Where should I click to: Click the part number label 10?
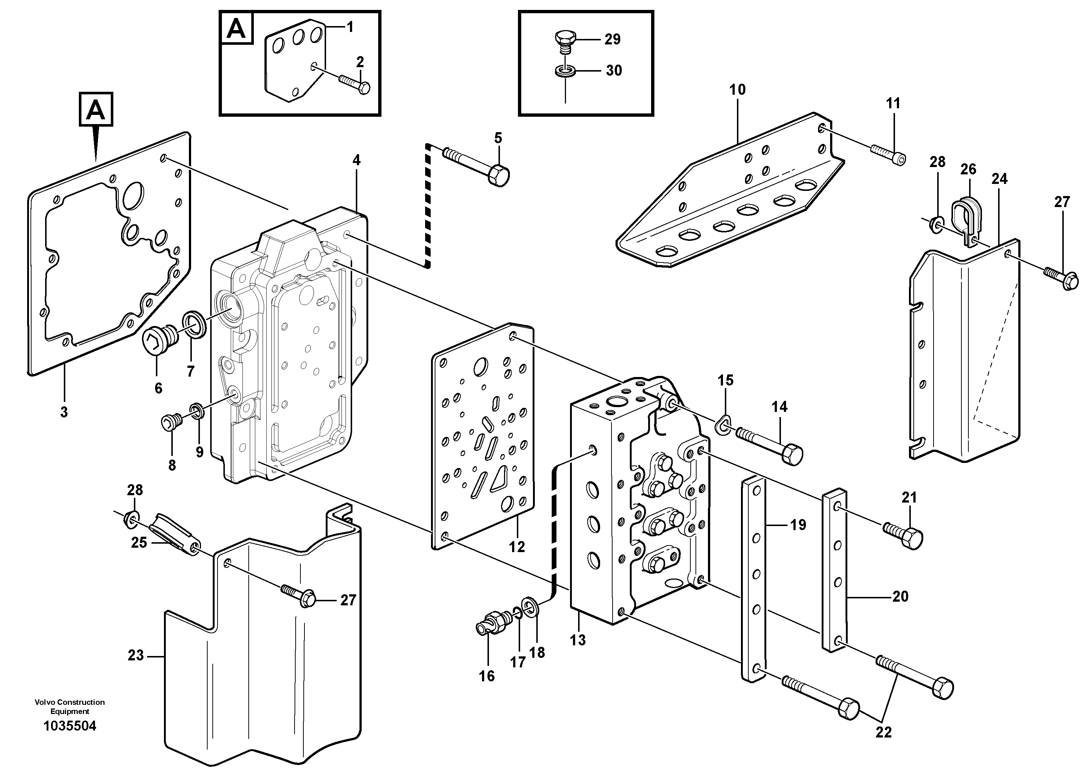(737, 90)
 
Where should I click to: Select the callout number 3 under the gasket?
(64, 412)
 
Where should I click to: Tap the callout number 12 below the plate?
(516, 547)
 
